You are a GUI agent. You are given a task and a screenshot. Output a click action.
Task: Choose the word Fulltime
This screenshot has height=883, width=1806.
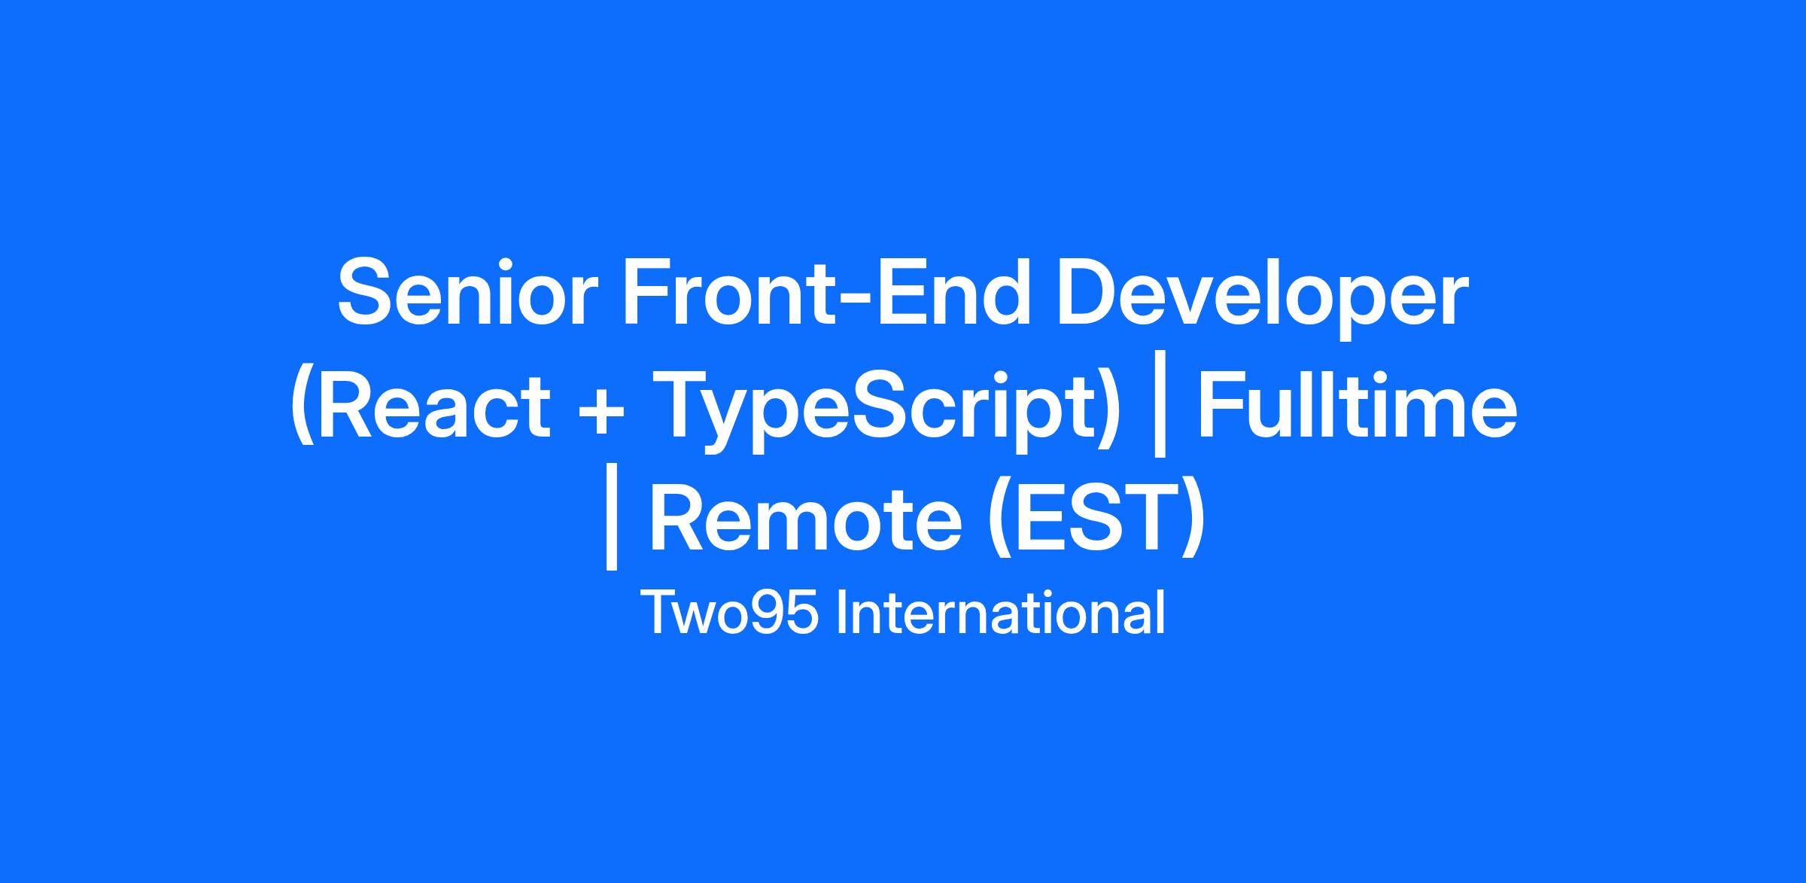[1357, 403]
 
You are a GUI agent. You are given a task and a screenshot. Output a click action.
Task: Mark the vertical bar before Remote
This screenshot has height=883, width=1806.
[611, 526]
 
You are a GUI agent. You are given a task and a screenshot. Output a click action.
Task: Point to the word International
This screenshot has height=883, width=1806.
[1001, 614]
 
